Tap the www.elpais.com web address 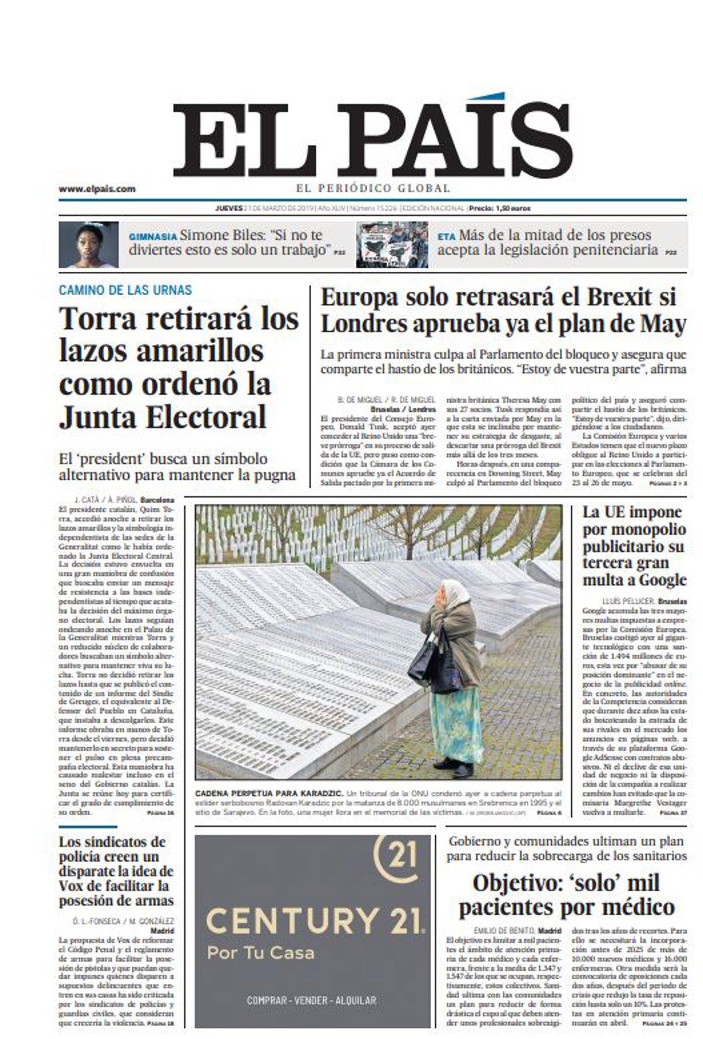pos(97,189)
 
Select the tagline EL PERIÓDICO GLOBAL pos(373,189)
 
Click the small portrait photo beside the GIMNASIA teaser pos(88,244)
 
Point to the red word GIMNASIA pos(152,237)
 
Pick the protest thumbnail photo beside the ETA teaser pos(392,244)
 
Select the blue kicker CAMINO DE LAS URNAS pos(125,290)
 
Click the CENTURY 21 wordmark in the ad pos(315,921)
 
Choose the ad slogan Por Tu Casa pos(260,953)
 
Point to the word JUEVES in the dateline pos(228,209)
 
